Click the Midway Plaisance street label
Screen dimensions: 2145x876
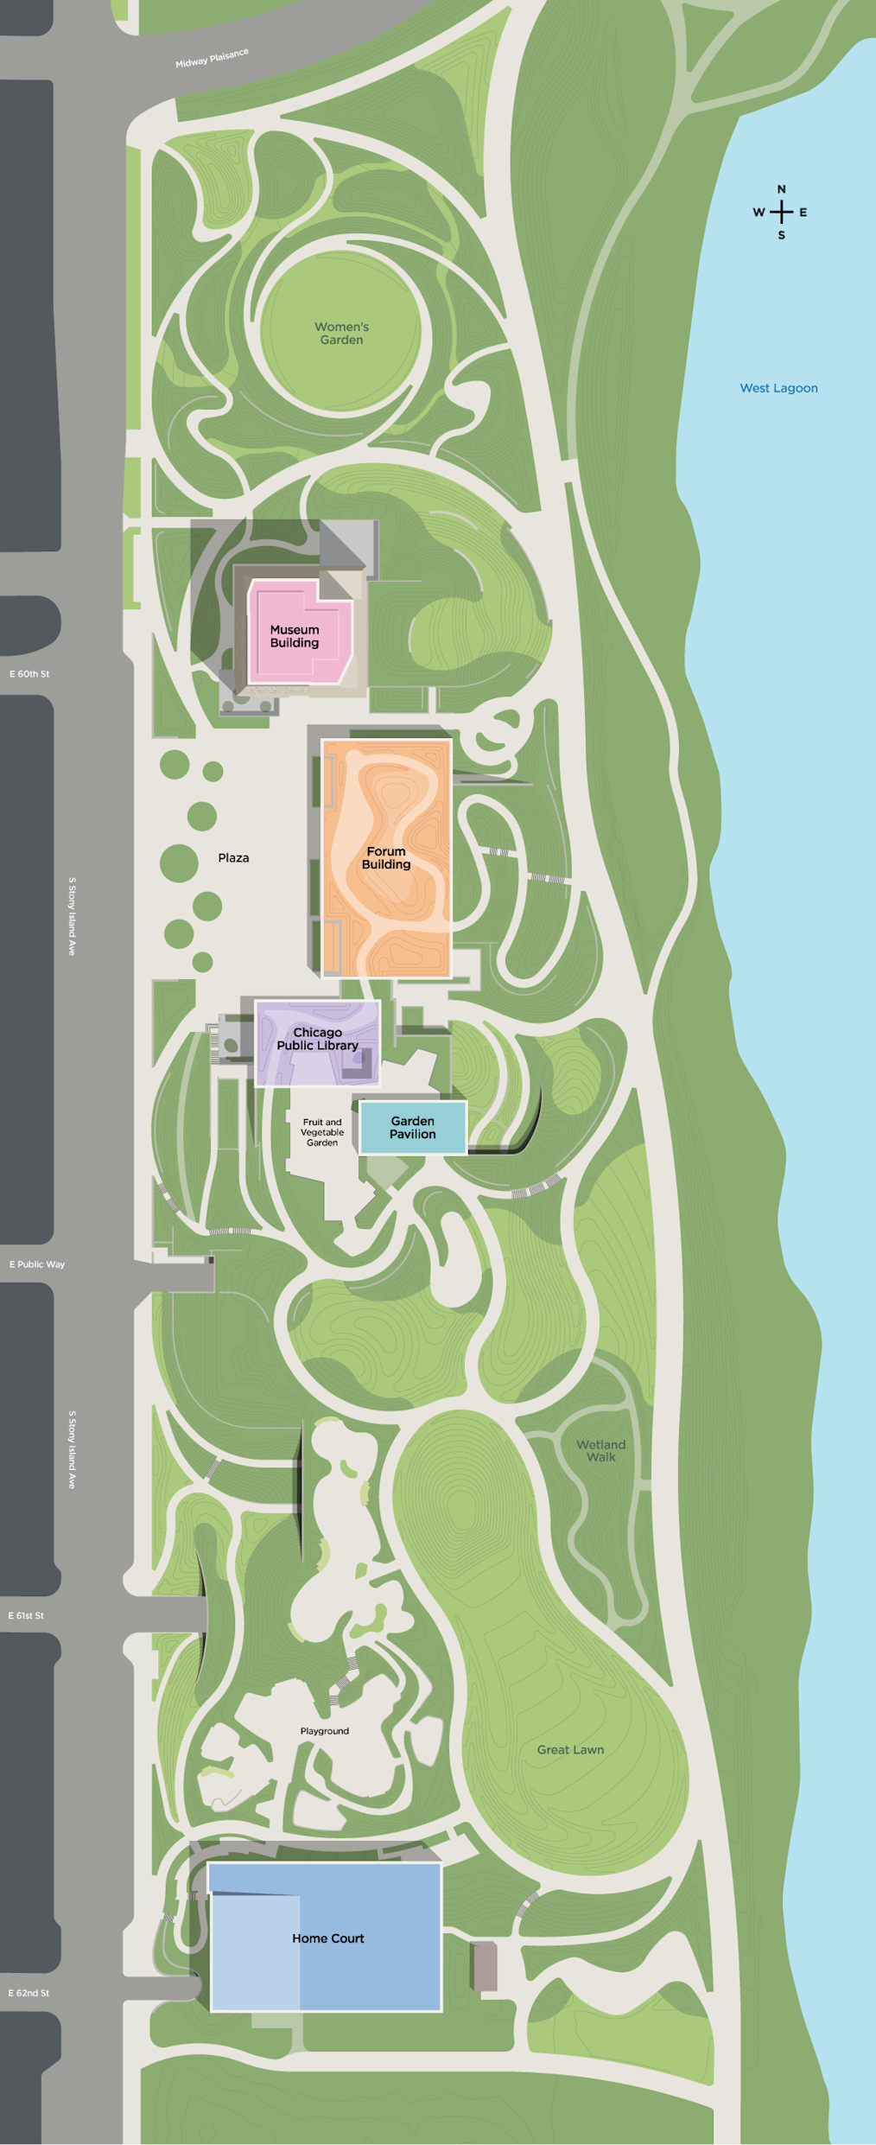pyautogui.click(x=212, y=58)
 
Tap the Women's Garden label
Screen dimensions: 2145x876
pyautogui.click(x=341, y=333)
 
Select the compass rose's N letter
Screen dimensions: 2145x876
pyautogui.click(x=781, y=189)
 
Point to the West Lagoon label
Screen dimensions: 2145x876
pyautogui.click(x=778, y=388)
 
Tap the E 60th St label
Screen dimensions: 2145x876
pyautogui.click(x=29, y=674)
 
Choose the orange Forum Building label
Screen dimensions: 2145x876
pyautogui.click(x=386, y=857)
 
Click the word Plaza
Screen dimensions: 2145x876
pyautogui.click(x=233, y=857)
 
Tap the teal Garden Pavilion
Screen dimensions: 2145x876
pyautogui.click(x=412, y=1127)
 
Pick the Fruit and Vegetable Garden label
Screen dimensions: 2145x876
pyautogui.click(x=322, y=1132)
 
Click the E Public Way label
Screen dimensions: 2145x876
pyautogui.click(x=37, y=1264)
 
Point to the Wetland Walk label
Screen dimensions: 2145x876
pyautogui.click(x=601, y=1450)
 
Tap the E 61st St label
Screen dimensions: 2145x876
pyautogui.click(x=26, y=1615)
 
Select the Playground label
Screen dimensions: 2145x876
pyautogui.click(x=325, y=1730)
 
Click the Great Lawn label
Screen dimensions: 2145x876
pyautogui.click(x=570, y=1749)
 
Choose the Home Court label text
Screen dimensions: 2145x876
pyautogui.click(x=327, y=1938)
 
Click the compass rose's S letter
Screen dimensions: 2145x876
pyautogui.click(x=781, y=235)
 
